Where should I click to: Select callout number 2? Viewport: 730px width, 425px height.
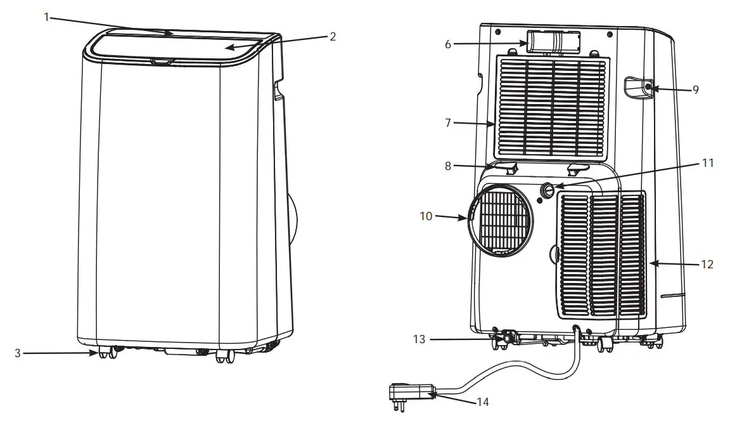tap(332, 36)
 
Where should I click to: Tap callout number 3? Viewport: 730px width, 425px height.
tap(18, 353)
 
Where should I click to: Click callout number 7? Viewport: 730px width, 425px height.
tap(448, 122)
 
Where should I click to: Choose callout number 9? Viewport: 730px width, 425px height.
tap(695, 90)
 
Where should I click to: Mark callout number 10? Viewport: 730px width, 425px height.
tap(426, 216)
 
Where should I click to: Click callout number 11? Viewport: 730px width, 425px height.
tap(708, 164)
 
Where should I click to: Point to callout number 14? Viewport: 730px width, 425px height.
tap(483, 402)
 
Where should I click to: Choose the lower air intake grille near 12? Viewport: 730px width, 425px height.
tap(602, 254)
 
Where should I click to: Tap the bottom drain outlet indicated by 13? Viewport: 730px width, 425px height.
tap(507, 339)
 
